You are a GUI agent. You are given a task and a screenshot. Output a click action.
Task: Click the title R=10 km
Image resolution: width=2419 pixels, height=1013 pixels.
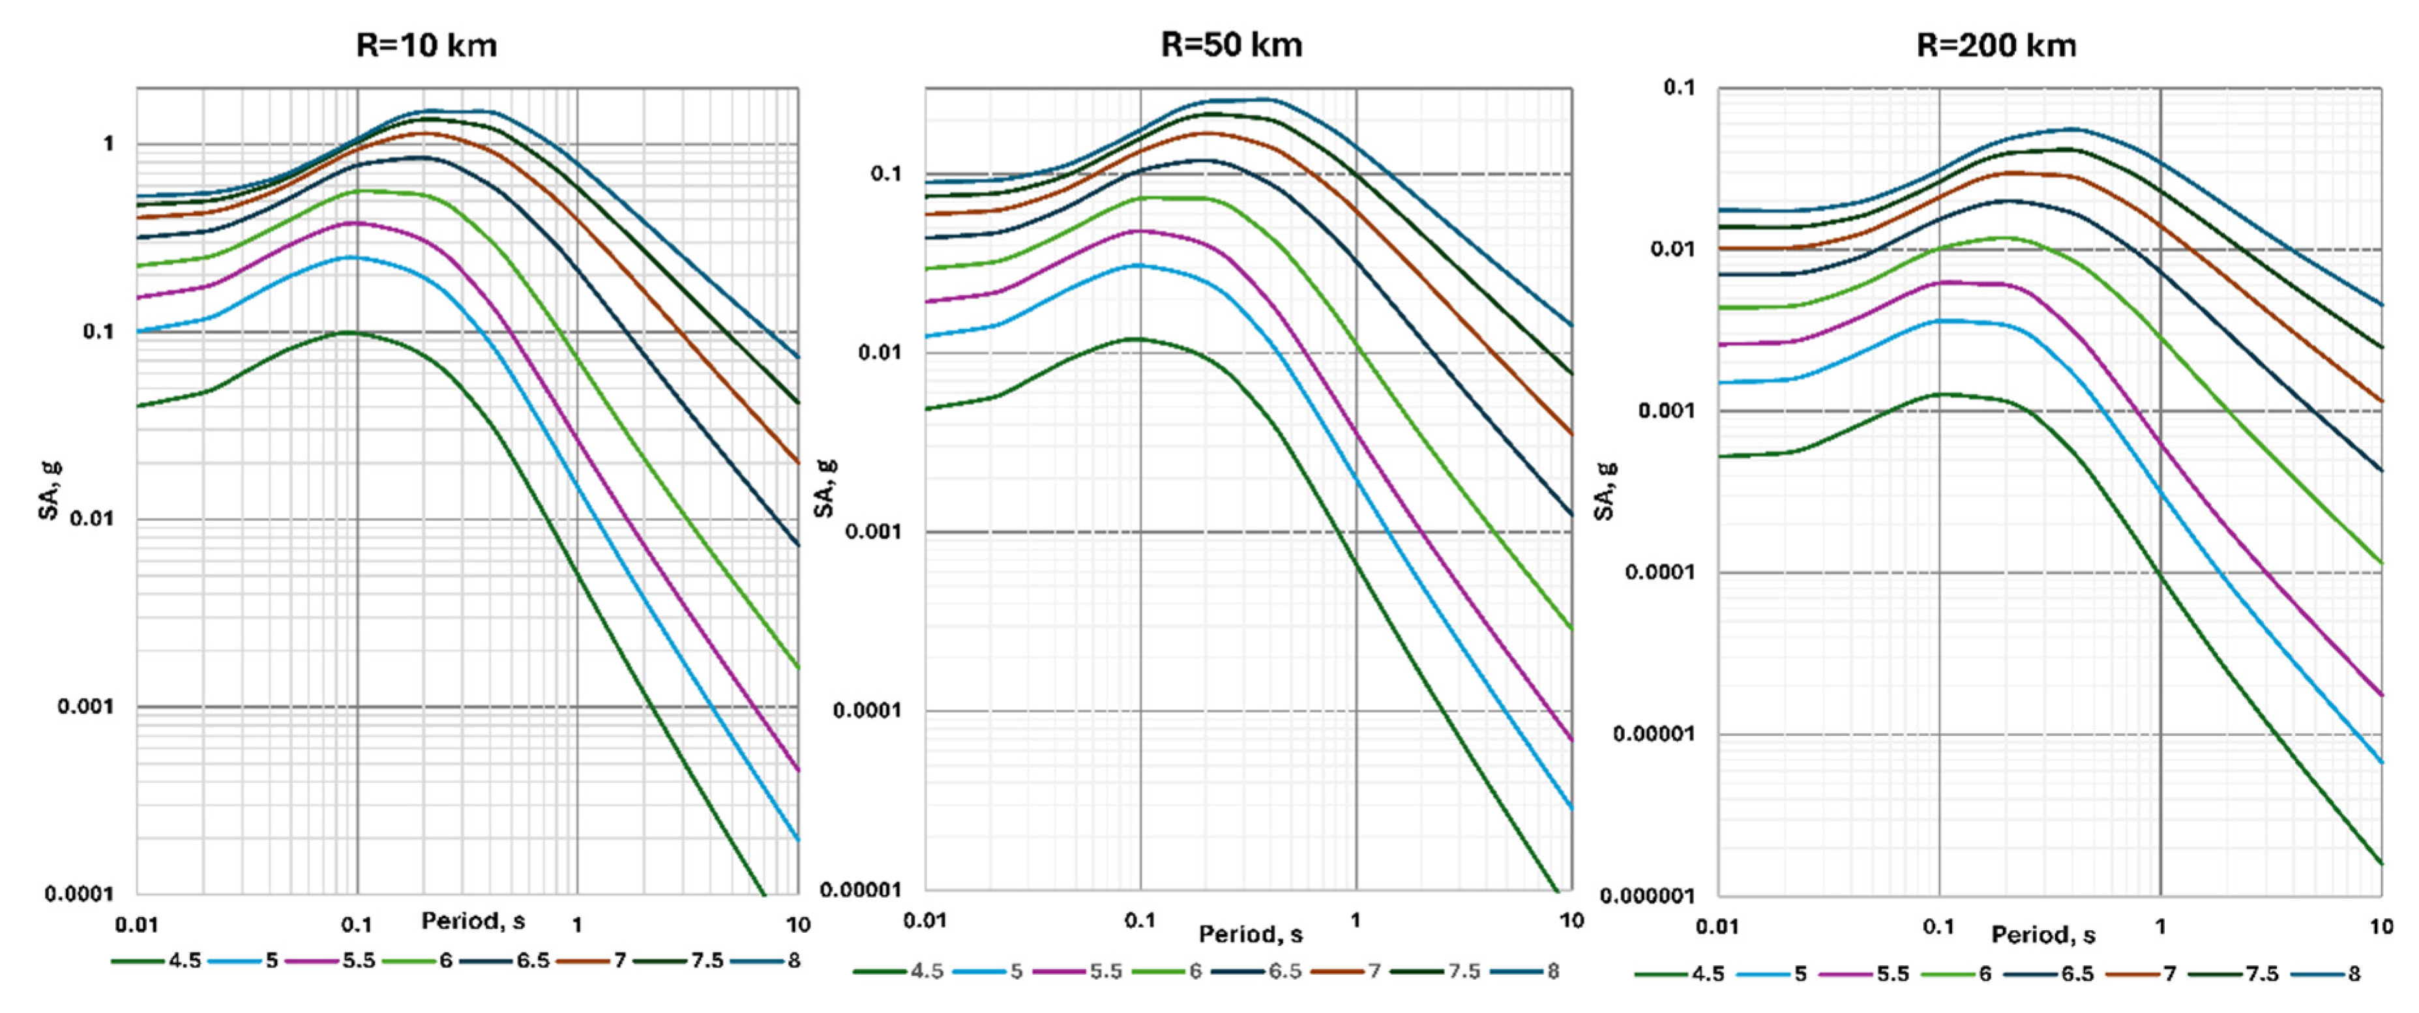(x=426, y=45)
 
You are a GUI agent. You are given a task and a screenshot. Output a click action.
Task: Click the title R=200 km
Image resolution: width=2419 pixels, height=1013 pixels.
(x=1996, y=45)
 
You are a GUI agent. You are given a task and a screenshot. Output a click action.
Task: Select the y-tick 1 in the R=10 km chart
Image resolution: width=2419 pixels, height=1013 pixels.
(x=109, y=143)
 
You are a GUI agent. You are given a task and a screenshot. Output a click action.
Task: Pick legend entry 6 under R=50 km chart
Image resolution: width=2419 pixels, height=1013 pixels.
(x=1195, y=971)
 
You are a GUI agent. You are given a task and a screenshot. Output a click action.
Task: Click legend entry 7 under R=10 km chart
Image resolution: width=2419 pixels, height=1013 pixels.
(x=620, y=960)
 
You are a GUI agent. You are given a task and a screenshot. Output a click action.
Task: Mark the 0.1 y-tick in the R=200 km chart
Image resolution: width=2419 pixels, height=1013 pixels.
(x=1680, y=87)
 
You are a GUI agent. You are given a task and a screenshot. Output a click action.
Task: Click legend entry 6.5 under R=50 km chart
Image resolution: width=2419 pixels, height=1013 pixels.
(x=1284, y=971)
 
